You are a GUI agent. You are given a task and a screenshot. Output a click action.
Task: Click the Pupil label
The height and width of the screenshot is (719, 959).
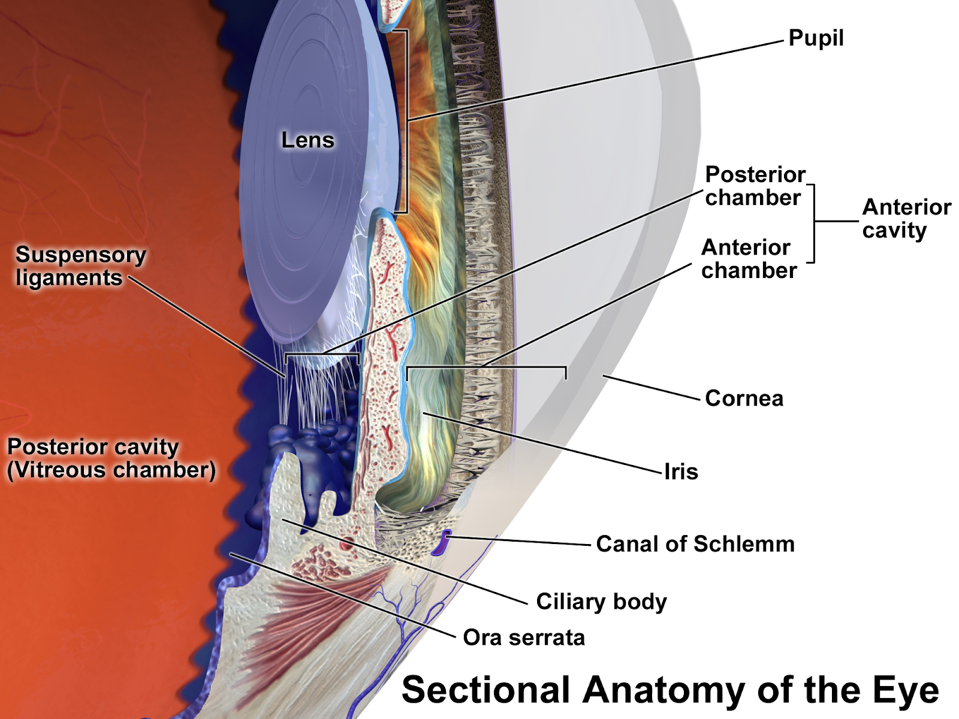816,38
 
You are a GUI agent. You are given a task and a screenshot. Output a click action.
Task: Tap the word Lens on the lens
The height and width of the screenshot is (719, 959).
307,140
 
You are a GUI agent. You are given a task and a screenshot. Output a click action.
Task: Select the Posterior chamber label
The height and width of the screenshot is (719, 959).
755,186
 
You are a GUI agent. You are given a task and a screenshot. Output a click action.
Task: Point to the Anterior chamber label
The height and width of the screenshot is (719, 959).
749,259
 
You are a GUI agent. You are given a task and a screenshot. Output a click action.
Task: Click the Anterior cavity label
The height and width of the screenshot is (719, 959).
906,219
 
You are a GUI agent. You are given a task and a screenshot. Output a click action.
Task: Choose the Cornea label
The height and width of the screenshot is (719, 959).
744,398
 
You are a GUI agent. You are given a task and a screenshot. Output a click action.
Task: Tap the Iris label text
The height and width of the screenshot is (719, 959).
681,472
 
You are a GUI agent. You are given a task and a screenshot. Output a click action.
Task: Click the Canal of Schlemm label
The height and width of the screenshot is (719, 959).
695,544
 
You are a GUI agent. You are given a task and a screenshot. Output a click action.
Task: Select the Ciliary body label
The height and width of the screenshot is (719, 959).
601,602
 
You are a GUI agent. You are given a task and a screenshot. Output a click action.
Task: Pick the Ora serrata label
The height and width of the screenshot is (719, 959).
524,638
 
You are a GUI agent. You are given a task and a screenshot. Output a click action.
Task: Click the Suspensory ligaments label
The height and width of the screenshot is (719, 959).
80,266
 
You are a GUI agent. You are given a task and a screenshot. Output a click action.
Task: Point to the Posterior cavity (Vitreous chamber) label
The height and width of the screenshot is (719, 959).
111,458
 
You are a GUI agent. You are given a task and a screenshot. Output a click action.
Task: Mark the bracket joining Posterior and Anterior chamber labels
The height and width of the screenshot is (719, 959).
814,223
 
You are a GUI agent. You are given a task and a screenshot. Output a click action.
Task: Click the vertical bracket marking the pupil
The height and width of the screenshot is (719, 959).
407,120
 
